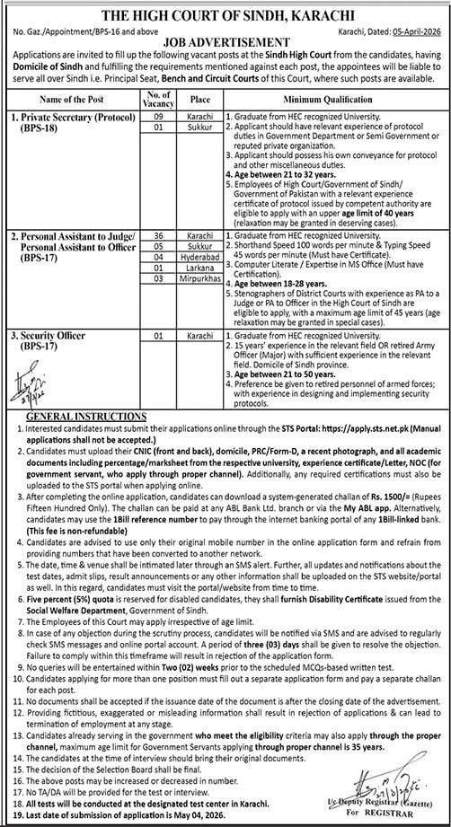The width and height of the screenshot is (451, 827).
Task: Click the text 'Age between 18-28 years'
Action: [271, 282]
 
